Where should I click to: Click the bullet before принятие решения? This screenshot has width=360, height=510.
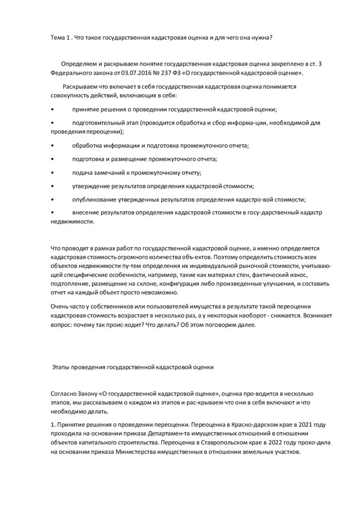click(x=53, y=109)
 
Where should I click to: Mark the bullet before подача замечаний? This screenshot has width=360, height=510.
click(x=53, y=173)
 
